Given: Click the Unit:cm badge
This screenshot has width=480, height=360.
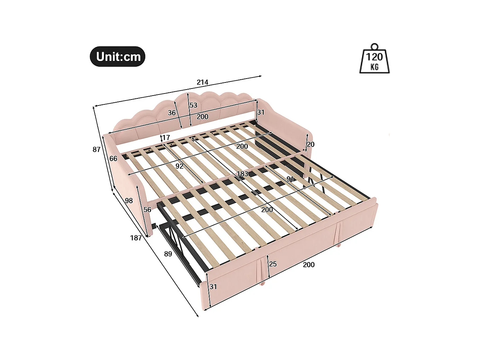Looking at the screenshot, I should coord(118,57).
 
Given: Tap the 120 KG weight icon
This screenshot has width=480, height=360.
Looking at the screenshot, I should coord(374,59).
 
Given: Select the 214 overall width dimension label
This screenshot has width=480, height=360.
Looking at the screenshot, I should coord(202,82).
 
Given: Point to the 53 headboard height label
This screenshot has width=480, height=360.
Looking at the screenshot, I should coord(193,105).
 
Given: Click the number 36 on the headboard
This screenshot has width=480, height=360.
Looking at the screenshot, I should coord(172,113).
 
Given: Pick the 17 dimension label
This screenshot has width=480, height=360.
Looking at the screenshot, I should coord(166,137).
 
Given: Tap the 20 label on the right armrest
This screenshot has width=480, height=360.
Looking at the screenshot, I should coord(310,144).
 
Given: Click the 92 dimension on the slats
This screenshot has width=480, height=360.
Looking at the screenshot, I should coord(179,166).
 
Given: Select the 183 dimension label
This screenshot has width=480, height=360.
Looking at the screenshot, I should coord(242,174).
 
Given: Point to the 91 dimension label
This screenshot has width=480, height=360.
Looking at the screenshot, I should coord(290,179).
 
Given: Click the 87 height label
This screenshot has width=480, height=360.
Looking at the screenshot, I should coord(97,150).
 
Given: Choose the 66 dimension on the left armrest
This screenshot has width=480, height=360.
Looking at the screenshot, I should coord(113,159).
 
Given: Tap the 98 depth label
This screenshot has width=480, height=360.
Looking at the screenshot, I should coord(129,201).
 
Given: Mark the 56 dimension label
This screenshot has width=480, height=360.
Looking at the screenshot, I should coord(147,210).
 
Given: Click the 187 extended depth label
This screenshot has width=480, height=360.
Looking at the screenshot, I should coord(136,238).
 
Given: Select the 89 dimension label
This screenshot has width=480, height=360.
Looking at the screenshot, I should coord(168,254).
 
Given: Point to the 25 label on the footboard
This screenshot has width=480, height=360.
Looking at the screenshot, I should coord(273,264).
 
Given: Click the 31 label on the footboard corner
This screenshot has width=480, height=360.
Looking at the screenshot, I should coord(213,287).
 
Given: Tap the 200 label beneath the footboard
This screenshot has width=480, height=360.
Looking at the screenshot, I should coord(309,265).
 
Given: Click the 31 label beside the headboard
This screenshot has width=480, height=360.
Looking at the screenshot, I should coord(261,112).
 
